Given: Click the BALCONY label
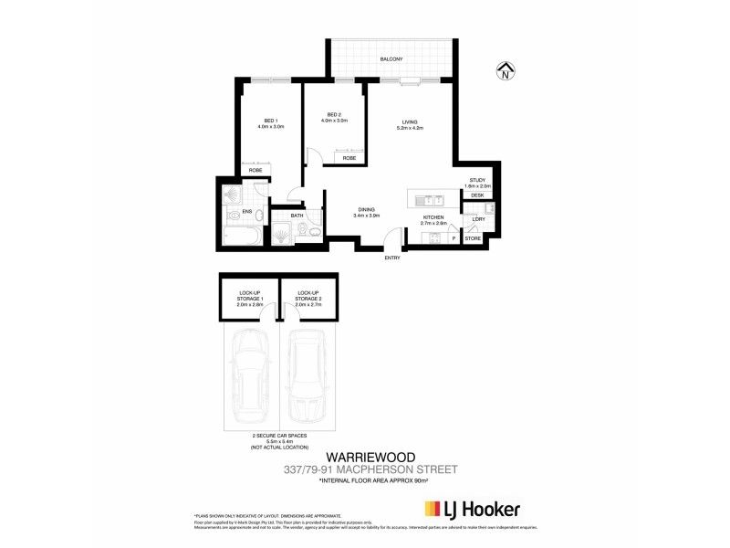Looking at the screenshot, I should [392, 59].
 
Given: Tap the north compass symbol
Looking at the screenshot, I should [505, 72].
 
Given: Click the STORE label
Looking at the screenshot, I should [473, 238].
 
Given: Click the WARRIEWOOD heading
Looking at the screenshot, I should [366, 457].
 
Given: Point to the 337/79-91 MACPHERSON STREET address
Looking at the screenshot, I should [366, 469].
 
